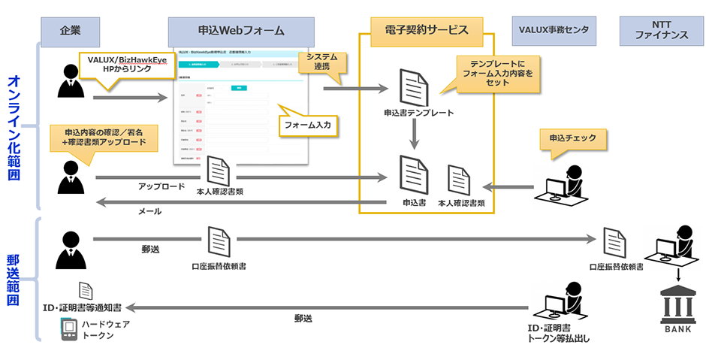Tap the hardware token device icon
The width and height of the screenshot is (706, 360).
tap(70, 329)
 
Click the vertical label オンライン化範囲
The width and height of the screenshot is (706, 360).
tap(17, 128)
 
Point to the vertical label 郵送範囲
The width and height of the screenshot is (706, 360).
tap(17, 279)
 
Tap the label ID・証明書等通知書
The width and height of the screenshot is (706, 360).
tap(83, 308)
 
